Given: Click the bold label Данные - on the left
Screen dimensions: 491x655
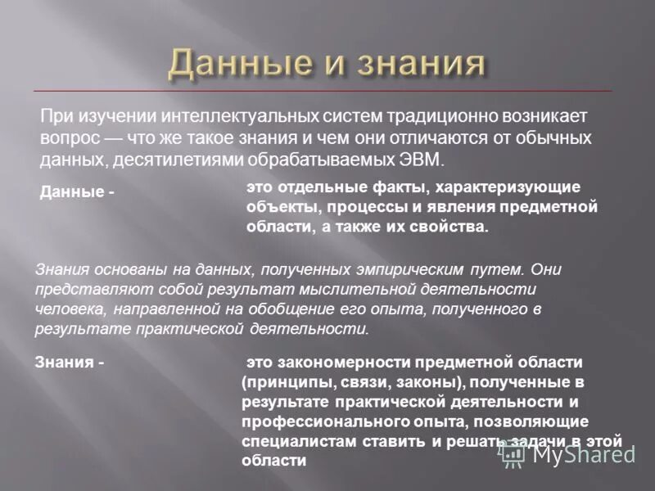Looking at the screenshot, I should [77, 191].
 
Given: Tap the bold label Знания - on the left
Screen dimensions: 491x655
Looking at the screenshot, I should [70, 362].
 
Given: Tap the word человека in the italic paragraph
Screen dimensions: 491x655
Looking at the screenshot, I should [67, 309].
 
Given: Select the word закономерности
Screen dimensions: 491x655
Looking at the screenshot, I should [346, 361].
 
